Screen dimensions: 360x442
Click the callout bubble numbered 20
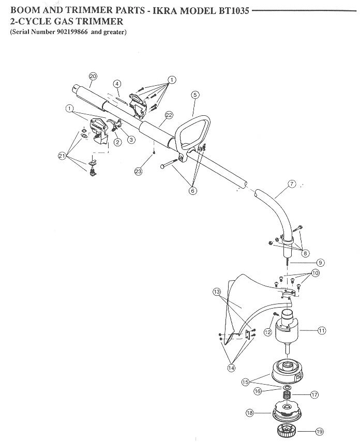(93, 76)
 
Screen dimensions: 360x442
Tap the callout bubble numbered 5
(195, 95)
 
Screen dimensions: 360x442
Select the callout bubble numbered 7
(292, 184)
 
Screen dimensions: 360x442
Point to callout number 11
(322, 330)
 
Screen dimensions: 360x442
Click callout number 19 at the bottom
(319, 431)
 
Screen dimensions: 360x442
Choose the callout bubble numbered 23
(138, 171)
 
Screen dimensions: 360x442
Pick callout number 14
(231, 368)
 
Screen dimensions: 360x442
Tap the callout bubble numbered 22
(169, 115)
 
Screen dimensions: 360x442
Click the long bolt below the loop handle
(169, 163)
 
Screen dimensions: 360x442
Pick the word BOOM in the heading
(22, 11)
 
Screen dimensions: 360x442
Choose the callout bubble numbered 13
(217, 292)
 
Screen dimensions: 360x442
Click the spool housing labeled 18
(287, 413)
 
